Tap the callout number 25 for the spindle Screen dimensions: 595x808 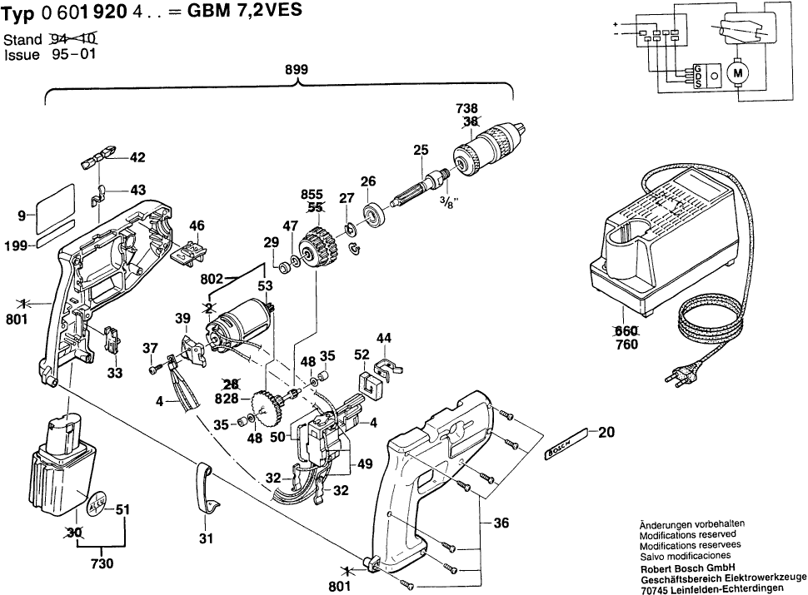420,150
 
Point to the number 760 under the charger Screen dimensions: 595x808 626,345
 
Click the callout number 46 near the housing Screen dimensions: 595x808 197,225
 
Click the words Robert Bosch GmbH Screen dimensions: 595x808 681,569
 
